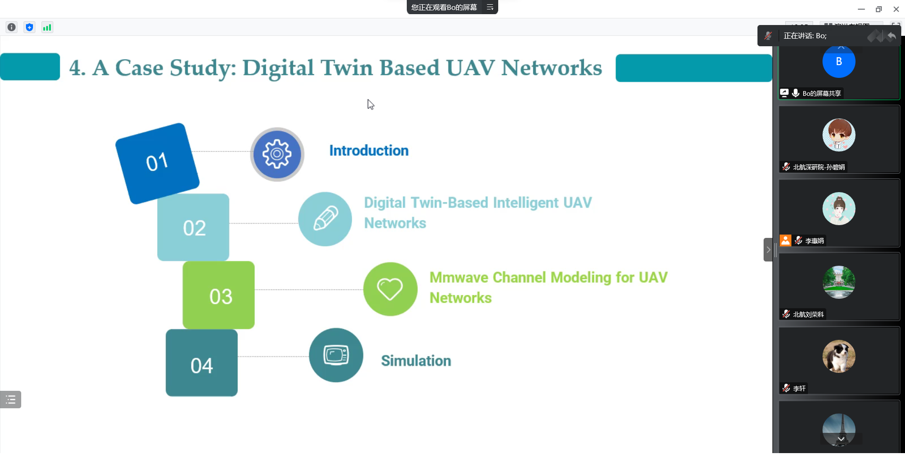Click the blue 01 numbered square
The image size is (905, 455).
[157, 163]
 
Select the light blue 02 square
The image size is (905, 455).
[193, 227]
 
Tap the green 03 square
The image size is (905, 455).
[219, 295]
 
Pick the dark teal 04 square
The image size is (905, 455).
[202, 363]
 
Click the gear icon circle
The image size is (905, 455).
[277, 154]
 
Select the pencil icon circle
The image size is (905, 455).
[325, 219]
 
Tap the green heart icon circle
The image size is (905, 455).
[390, 289]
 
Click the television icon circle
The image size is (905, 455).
[336, 355]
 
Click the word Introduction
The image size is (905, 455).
[369, 151]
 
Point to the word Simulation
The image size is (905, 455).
[416, 361]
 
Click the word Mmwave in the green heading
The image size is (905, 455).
[459, 278]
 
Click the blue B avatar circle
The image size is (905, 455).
[839, 61]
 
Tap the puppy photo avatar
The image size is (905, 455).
[839, 356]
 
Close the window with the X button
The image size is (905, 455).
[896, 9]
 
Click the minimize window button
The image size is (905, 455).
[861, 9]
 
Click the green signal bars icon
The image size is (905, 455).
[47, 27]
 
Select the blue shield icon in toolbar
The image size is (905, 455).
[29, 27]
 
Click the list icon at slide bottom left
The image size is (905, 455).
[10, 400]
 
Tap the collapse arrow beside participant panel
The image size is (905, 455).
[768, 250]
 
